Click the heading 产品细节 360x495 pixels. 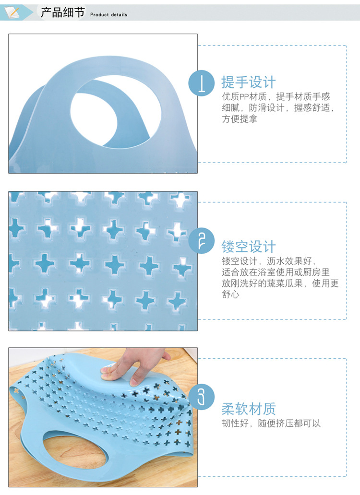[62, 12]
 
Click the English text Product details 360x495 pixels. [109, 15]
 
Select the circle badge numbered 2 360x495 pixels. [201, 240]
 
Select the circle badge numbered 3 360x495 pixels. [201, 397]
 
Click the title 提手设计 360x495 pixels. [249, 82]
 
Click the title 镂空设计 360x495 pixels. [249, 247]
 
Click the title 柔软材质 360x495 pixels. [249, 409]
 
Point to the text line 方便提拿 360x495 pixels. [240, 119]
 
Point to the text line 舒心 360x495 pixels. [230, 295]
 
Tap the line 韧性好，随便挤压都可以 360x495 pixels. [271, 424]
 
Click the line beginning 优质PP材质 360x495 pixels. [276, 97]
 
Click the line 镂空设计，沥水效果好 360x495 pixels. [269, 261]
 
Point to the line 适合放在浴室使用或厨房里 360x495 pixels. [276, 272]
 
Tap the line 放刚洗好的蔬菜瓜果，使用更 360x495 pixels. [280, 283]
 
